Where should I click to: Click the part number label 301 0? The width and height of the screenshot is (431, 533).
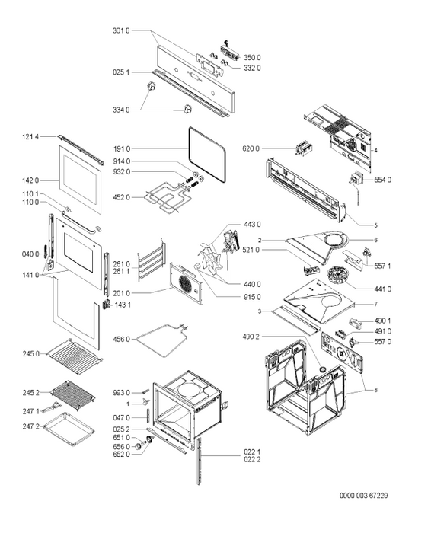[121, 30]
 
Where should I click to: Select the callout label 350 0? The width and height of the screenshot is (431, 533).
[252, 57]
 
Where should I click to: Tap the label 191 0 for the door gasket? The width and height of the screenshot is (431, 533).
[122, 149]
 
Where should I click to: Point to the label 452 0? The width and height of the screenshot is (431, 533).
[121, 197]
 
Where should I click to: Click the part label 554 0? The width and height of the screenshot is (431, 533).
[383, 180]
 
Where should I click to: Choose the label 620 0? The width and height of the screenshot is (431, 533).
[251, 148]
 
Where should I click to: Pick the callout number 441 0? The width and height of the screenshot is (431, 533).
[383, 289]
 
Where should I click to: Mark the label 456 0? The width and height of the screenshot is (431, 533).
[121, 340]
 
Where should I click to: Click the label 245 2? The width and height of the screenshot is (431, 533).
[31, 393]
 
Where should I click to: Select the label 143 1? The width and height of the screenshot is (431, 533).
[123, 305]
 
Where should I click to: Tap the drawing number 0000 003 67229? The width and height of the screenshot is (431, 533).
[364, 496]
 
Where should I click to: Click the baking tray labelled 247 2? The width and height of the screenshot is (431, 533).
[70, 429]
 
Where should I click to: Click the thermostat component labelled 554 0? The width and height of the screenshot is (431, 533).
[355, 177]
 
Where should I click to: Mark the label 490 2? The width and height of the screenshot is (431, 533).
[251, 337]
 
